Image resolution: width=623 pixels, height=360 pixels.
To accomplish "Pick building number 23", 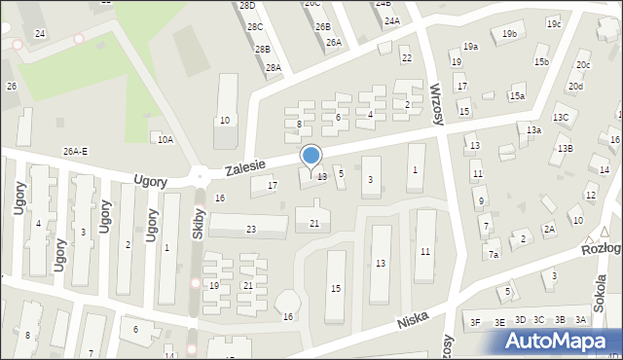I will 251,230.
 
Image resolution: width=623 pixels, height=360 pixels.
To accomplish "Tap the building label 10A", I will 165,140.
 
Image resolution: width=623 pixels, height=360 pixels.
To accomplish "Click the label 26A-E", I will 75,151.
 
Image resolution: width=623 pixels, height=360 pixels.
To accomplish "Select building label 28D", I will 247,6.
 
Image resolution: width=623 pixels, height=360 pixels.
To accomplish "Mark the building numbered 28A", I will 274,68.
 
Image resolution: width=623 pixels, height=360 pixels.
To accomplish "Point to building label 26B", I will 323,26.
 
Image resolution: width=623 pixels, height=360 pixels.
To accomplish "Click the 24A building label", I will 391,20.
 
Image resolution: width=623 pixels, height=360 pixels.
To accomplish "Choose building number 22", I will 406,58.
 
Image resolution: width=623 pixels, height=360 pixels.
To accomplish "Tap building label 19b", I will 509,34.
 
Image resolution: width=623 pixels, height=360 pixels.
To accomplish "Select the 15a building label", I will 517,96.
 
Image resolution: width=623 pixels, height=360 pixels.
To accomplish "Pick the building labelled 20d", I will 576,87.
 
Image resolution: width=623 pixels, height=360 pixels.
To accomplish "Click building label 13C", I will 561,118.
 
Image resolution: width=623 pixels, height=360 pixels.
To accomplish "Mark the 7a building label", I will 494,255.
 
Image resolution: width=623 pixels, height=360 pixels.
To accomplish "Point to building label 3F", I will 475,321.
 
